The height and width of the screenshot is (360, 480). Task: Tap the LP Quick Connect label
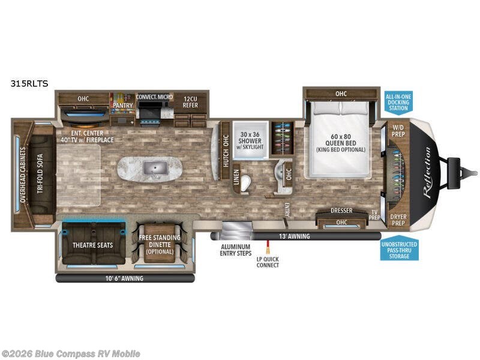point(268,262)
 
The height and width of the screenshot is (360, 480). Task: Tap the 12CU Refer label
point(190,101)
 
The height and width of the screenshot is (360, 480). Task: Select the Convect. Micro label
point(154,97)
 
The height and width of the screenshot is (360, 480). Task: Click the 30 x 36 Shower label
point(250,137)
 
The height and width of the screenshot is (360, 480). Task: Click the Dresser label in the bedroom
point(341,211)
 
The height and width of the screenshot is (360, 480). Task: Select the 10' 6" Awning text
point(125,278)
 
